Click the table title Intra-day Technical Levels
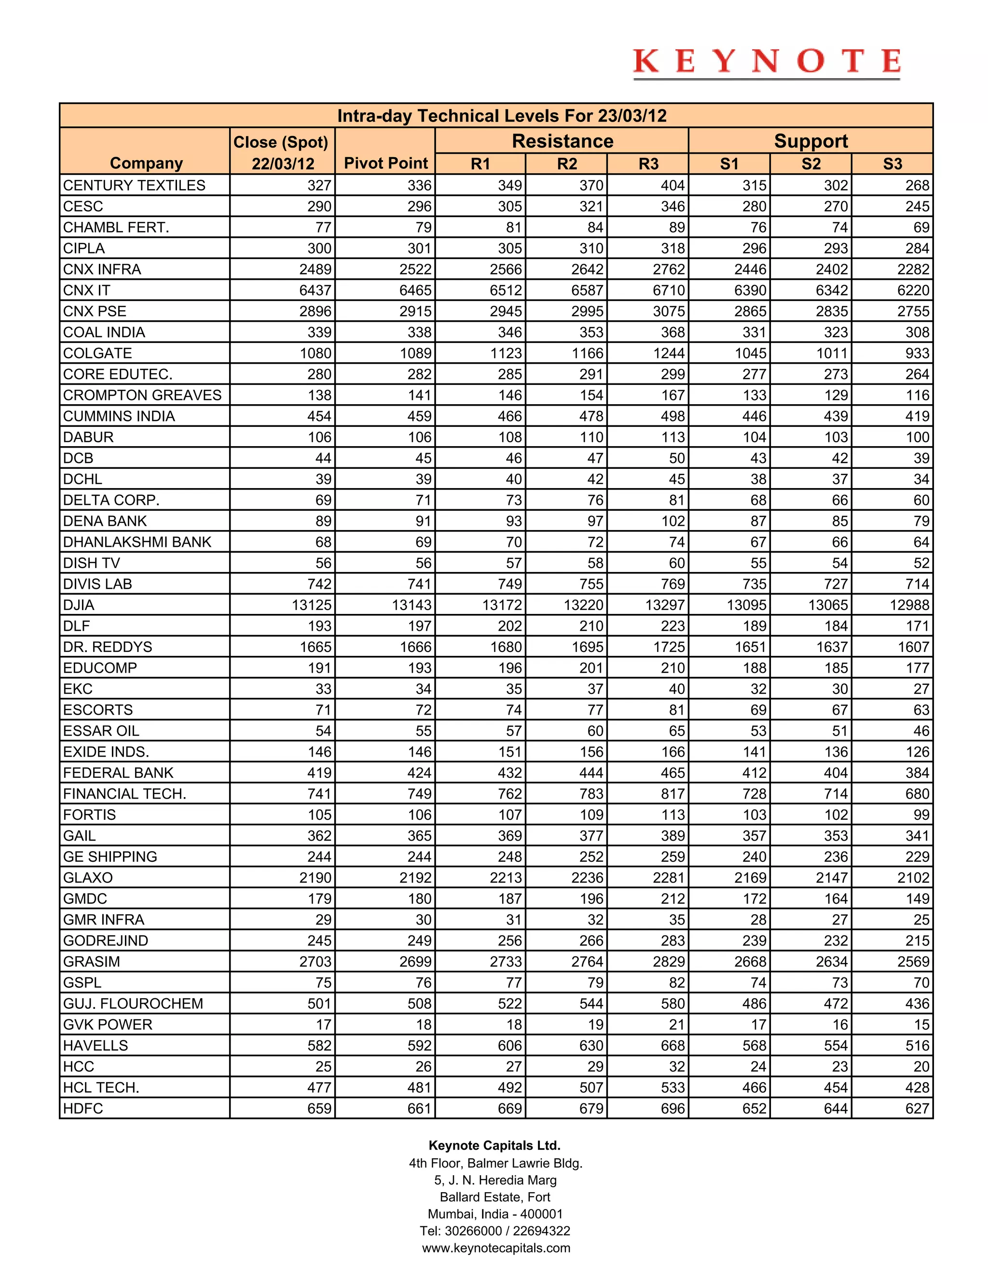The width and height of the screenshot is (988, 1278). pos(502,116)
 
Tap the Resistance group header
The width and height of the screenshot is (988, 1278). pos(562,141)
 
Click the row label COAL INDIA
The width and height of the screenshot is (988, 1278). pos(104,332)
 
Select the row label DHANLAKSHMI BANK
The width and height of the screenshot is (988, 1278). pos(137,542)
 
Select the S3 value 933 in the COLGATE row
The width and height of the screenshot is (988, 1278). pos(917,353)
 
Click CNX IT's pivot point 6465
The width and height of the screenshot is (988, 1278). pos(415,290)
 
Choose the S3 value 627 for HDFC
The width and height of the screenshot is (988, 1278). pos(917,1108)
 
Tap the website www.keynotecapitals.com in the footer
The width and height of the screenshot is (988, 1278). pos(496,1248)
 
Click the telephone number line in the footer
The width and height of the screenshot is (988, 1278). pos(494,1231)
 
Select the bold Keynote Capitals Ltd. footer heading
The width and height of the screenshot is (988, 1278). pos(494,1145)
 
